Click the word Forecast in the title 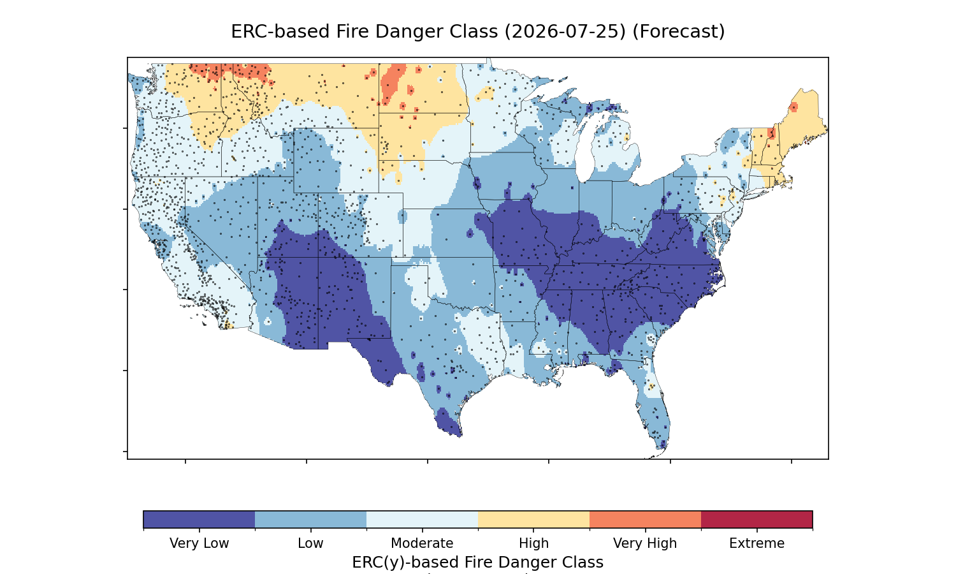click(x=679, y=32)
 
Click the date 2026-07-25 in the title click(x=565, y=32)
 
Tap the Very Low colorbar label click(x=199, y=543)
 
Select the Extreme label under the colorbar click(x=757, y=543)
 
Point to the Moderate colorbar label click(x=422, y=543)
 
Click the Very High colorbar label click(x=645, y=543)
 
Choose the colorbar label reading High click(x=533, y=543)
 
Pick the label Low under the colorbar click(x=310, y=543)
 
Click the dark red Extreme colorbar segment click(x=757, y=519)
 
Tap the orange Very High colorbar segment click(x=645, y=519)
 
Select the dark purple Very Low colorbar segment click(x=199, y=519)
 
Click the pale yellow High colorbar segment click(x=534, y=519)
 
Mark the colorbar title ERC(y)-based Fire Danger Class click(x=477, y=562)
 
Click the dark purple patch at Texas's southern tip click(x=447, y=422)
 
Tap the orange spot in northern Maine click(x=793, y=107)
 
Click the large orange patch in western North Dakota click(x=392, y=84)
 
